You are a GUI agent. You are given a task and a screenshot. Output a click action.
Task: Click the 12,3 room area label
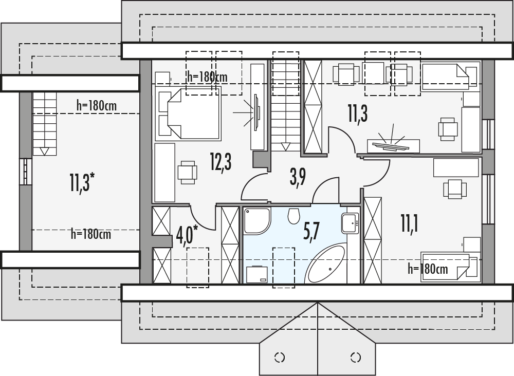click(x=221, y=162)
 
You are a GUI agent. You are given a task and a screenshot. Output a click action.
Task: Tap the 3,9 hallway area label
click(x=298, y=178)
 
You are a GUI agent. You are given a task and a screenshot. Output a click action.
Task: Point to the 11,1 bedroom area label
click(x=410, y=223)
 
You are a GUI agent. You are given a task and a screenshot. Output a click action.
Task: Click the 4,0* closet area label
click(x=187, y=235)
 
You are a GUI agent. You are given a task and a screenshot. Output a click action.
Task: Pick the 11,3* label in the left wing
click(x=82, y=182)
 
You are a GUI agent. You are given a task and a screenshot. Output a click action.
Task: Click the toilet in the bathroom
click(x=293, y=216)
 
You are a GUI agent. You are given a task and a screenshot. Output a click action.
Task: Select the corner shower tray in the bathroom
click(x=257, y=221)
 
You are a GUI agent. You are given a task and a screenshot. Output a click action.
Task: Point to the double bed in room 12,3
click(x=188, y=114)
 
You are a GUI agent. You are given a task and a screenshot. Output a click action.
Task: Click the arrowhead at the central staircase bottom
click(x=286, y=146)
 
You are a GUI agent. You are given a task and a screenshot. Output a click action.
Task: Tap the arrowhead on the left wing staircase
click(x=45, y=152)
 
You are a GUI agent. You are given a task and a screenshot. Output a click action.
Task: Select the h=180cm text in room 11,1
click(x=428, y=269)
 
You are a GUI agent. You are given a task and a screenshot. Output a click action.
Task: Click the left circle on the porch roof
click(x=280, y=357)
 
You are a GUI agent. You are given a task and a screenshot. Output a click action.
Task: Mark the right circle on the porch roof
click(x=355, y=357)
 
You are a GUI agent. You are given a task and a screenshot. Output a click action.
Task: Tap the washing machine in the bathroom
click(x=257, y=274)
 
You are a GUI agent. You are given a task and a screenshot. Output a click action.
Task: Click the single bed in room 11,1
click(x=449, y=267)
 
